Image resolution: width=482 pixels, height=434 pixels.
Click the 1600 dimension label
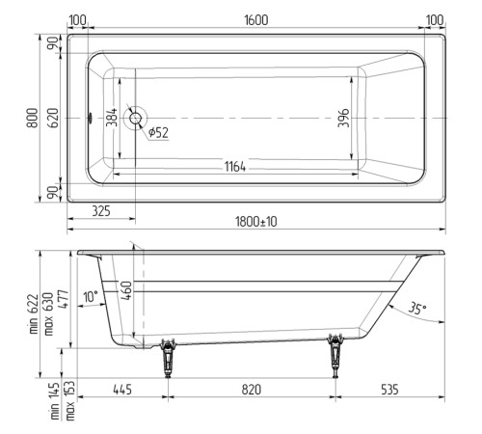255,19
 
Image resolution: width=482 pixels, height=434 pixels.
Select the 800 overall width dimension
33,118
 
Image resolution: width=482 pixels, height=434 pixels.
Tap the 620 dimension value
54,118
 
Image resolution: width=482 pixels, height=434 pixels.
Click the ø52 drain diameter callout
158,133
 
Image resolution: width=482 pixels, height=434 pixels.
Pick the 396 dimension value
342,119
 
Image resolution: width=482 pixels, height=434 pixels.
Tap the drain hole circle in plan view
134,118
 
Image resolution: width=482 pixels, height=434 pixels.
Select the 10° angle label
91,298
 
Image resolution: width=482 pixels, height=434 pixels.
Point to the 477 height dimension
61,301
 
